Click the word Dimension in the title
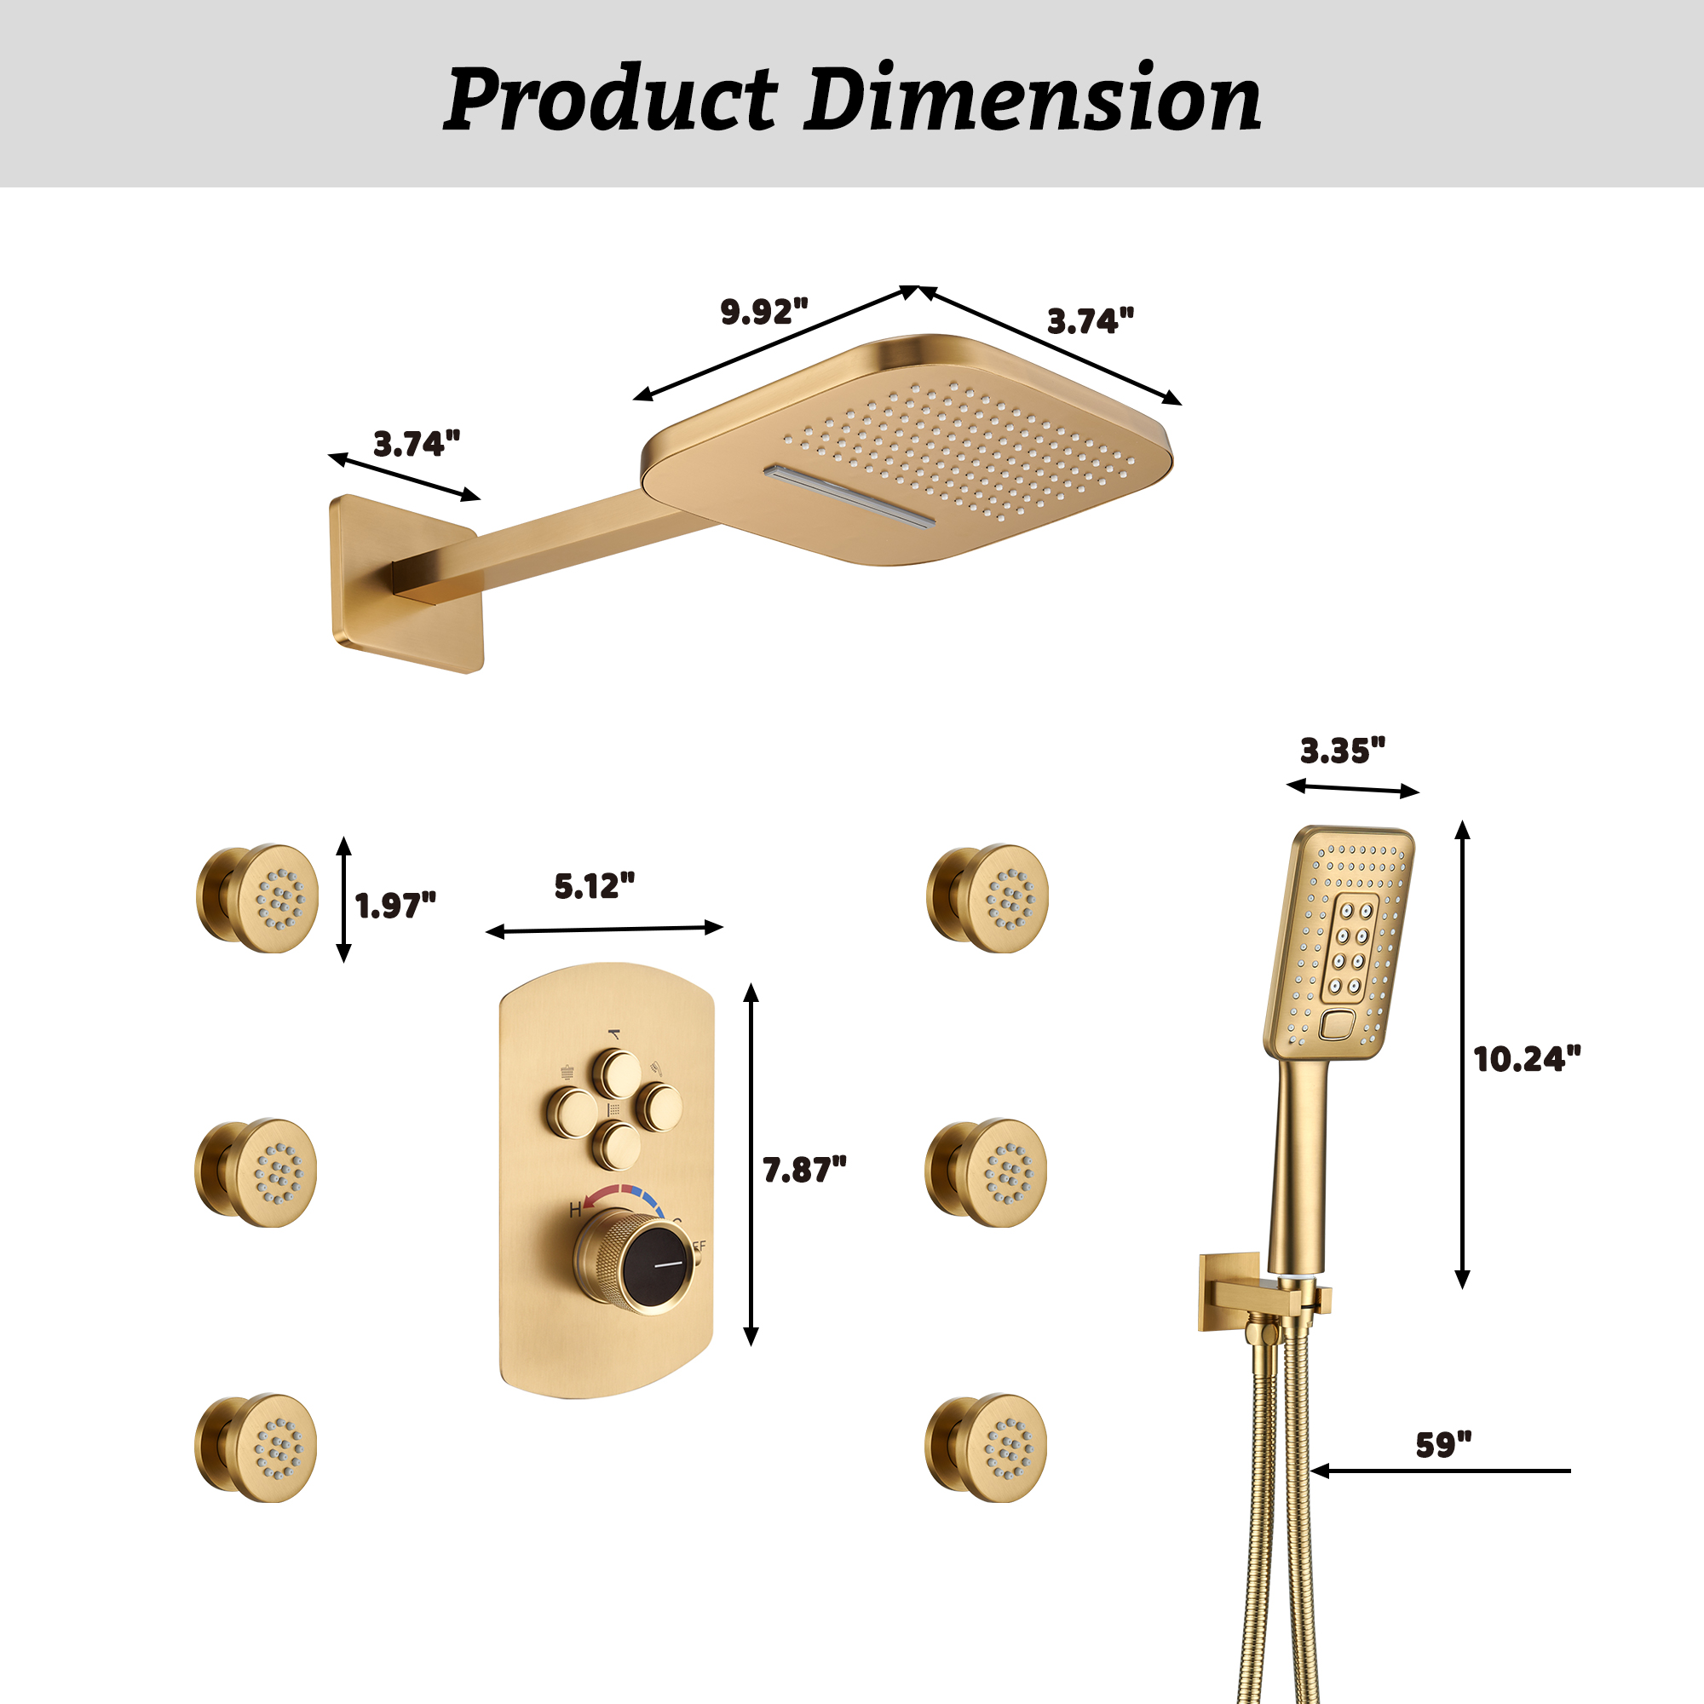1032,99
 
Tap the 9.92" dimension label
763,311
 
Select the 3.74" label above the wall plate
417,444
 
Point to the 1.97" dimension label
395,906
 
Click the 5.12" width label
595,886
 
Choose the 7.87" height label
804,1170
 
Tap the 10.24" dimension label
1528,1059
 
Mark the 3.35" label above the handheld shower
1343,751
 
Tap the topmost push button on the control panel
616,1074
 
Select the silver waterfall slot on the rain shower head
849,496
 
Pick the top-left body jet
257,899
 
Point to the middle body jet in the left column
256,1173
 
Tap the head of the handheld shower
1338,942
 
